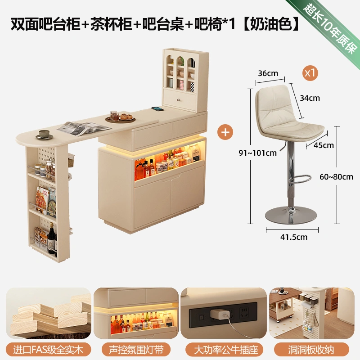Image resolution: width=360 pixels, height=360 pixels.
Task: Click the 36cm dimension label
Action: click(x=268, y=73)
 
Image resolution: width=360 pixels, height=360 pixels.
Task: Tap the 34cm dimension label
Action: click(x=310, y=98)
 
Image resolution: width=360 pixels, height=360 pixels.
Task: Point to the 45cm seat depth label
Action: click(x=324, y=145)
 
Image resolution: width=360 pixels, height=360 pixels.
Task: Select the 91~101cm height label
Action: click(x=257, y=153)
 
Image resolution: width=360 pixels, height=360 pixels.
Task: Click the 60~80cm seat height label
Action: click(x=336, y=177)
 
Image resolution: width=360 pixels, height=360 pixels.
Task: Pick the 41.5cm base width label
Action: click(x=294, y=237)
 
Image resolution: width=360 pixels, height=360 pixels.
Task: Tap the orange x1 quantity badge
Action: click(x=310, y=73)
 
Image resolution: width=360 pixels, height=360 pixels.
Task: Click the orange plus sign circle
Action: click(x=225, y=132)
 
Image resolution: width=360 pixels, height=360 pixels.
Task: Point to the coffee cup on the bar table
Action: click(x=44, y=134)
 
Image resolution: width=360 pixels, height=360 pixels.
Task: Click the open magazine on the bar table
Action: click(x=84, y=128)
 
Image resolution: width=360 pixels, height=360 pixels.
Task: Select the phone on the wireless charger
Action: click(x=157, y=108)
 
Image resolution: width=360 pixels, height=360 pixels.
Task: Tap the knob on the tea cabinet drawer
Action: click(x=178, y=100)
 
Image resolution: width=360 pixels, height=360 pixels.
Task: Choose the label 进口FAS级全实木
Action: click(x=48, y=350)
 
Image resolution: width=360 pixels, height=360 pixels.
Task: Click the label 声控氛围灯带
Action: click(x=136, y=350)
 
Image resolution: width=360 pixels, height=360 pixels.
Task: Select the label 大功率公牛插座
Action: click(x=226, y=350)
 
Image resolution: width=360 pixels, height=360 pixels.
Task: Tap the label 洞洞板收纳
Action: click(x=311, y=350)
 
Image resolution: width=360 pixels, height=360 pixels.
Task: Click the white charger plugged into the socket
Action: click(x=220, y=314)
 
